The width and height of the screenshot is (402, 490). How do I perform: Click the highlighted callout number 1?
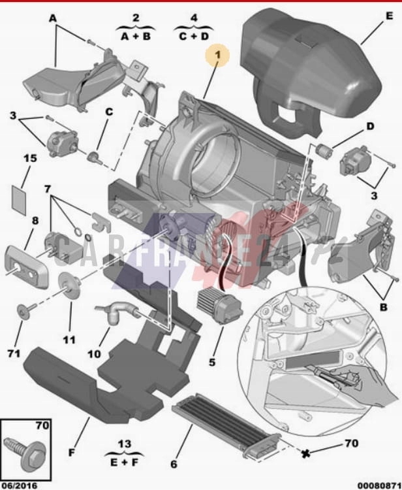(218, 57)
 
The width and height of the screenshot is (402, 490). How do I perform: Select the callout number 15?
(30, 158)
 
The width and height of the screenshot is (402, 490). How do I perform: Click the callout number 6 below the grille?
(174, 464)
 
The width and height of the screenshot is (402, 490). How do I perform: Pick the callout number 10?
(94, 353)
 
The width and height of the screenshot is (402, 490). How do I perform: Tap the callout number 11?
(69, 340)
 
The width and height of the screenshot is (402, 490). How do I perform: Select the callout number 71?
(14, 353)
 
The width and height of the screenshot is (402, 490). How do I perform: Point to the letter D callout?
(369, 126)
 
